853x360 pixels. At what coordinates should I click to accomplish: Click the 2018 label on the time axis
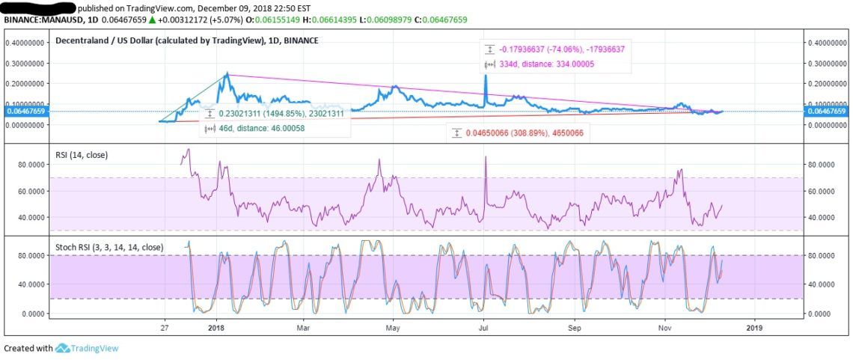coord(215,327)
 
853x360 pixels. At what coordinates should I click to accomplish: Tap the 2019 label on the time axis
coord(754,327)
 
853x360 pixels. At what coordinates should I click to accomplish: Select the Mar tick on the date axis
coord(303,327)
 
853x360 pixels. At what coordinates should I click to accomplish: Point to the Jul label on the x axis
coord(484,327)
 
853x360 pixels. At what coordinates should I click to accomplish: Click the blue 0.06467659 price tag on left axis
coord(25,111)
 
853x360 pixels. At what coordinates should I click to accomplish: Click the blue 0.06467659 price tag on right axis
coord(826,111)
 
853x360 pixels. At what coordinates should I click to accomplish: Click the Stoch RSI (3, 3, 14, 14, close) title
coord(110,247)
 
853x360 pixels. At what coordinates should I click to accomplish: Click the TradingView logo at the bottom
coord(87,348)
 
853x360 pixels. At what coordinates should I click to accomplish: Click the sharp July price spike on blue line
coord(485,76)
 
